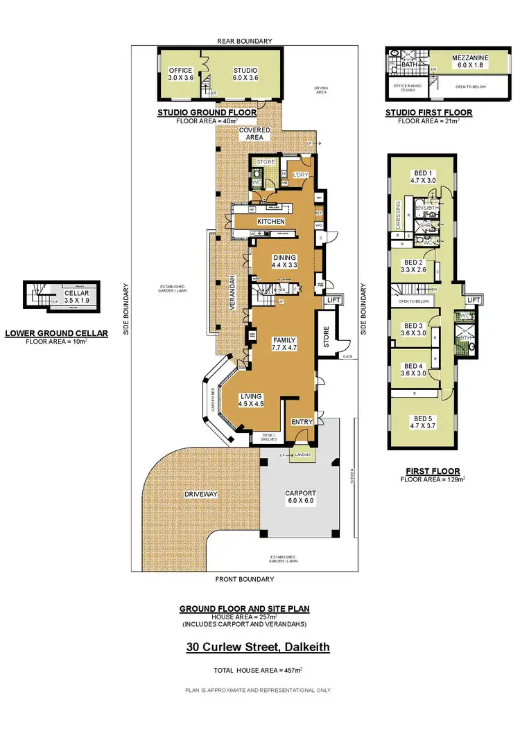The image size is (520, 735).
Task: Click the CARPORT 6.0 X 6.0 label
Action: pos(300,497)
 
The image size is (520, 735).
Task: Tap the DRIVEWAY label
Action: pos(202,494)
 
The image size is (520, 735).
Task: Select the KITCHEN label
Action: pos(271,222)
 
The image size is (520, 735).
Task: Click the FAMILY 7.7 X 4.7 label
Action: pos(284,344)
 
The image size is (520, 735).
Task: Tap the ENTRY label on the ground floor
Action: pos(302,421)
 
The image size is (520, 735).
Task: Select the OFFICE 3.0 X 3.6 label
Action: pos(182,74)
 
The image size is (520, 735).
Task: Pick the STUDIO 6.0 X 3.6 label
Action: pos(245,74)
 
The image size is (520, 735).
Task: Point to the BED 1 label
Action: pos(421,176)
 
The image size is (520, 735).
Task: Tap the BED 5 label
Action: pos(422,423)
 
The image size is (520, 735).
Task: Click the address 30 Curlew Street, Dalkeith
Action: pos(257,648)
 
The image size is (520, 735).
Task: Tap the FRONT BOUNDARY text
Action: pos(244,579)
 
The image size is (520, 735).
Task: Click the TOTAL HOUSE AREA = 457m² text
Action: pos(257,671)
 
